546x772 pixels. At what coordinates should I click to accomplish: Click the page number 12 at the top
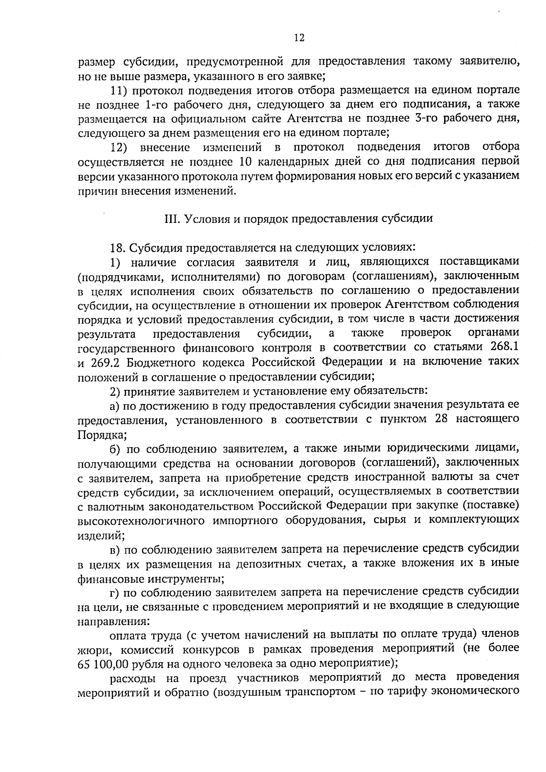pos(299,38)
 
